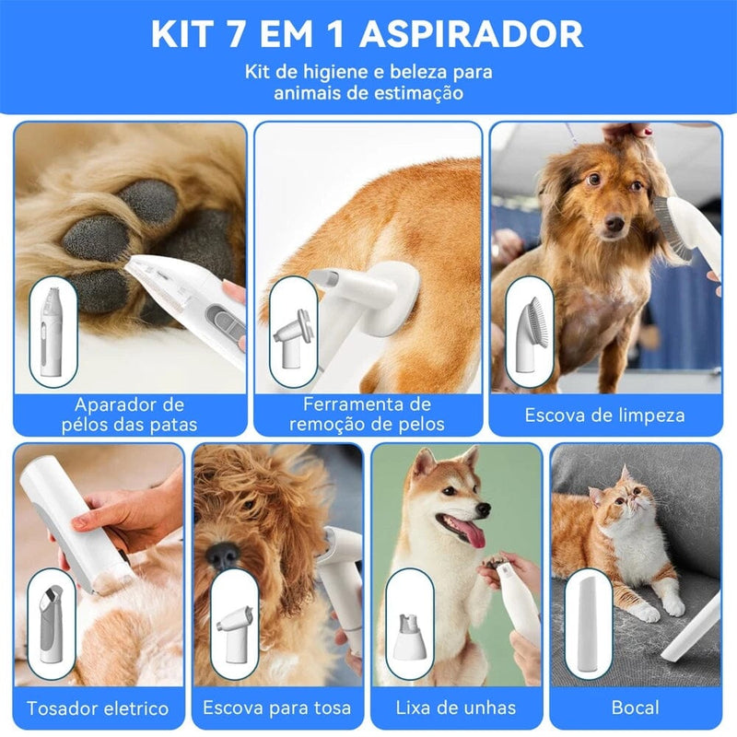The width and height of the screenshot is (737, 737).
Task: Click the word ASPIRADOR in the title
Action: point(471,35)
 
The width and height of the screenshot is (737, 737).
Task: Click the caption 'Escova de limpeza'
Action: point(604,415)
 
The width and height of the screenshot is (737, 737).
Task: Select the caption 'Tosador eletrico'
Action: point(98,708)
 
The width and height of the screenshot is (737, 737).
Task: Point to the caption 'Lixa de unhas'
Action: point(455,708)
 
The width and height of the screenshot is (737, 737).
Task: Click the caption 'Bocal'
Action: point(635,708)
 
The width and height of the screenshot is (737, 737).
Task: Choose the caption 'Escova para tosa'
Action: point(277,708)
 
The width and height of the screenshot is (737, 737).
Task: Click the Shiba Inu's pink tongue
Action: point(471,533)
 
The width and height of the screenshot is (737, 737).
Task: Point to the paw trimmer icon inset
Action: point(52,332)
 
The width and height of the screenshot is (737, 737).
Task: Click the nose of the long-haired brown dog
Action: point(613,224)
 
